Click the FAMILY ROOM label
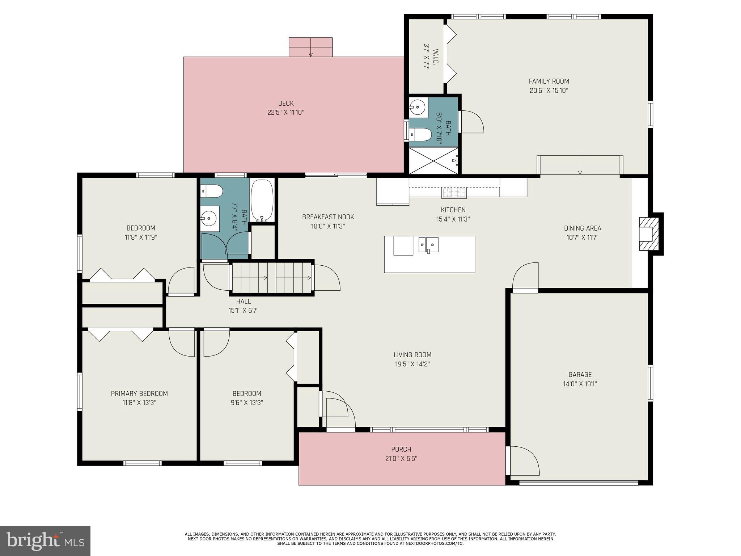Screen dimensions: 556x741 pyautogui.click(x=549, y=81)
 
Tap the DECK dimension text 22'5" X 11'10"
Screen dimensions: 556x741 pyautogui.click(x=285, y=113)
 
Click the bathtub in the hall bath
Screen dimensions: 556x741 pyautogui.click(x=262, y=200)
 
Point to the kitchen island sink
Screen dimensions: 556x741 pyautogui.click(x=428, y=245)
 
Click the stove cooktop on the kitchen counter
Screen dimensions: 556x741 pyautogui.click(x=454, y=193)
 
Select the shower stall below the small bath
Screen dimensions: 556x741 pyautogui.click(x=433, y=161)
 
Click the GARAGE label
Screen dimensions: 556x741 pyautogui.click(x=580, y=375)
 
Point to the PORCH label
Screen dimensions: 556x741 pyautogui.click(x=401, y=449)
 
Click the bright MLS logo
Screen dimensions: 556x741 pyautogui.click(x=45, y=541)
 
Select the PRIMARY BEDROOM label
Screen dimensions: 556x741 pyautogui.click(x=139, y=393)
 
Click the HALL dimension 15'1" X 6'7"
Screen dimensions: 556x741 pyautogui.click(x=243, y=311)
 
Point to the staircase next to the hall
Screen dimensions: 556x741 pyautogui.click(x=272, y=278)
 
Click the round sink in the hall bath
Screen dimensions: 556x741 pyautogui.click(x=209, y=219)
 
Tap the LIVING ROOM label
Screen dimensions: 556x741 pyautogui.click(x=412, y=355)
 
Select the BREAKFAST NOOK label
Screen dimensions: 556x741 pyautogui.click(x=328, y=217)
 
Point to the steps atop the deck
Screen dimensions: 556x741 pyautogui.click(x=310, y=47)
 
